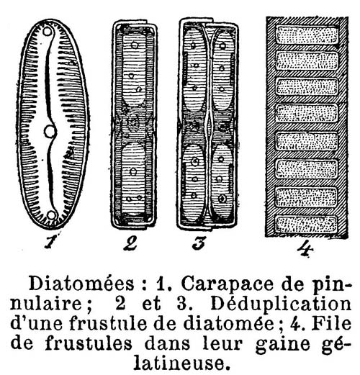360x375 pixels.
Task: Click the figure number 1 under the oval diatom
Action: tap(50, 241)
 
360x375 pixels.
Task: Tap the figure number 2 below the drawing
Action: tap(130, 243)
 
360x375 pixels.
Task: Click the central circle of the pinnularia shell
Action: tap(50, 132)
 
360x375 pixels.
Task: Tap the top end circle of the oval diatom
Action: tap(47, 32)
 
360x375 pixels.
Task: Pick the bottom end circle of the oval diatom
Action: tap(52, 215)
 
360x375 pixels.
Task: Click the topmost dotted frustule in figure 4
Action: tap(307, 35)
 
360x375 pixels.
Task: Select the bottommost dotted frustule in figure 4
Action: tap(306, 225)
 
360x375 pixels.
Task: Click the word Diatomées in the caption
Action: tap(81, 284)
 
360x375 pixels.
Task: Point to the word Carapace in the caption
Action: tap(227, 284)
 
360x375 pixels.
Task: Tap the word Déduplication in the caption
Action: tap(281, 304)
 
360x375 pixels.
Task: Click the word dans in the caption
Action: tap(167, 343)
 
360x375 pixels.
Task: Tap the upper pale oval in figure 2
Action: tap(135, 70)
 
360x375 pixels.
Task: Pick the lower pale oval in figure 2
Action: tap(132, 179)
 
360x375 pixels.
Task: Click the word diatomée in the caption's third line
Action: tap(228, 323)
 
